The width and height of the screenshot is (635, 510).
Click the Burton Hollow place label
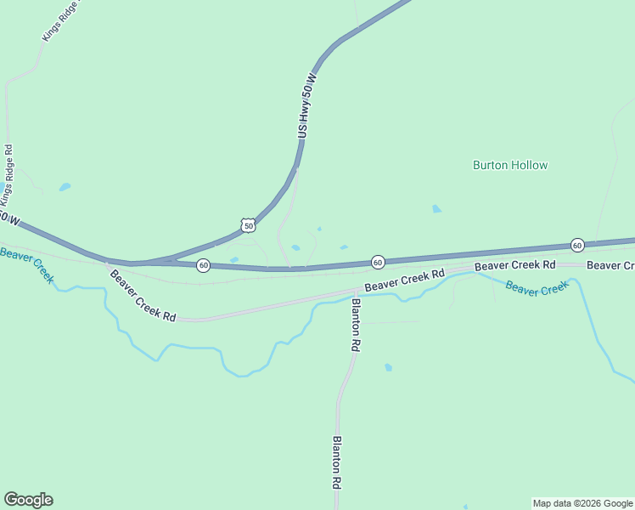click(x=510, y=165)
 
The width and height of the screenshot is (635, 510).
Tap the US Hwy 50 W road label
click(x=307, y=106)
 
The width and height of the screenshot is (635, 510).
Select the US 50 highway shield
click(x=247, y=225)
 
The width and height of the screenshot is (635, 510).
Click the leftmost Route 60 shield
click(x=204, y=265)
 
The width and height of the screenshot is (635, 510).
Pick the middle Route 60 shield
click(x=378, y=261)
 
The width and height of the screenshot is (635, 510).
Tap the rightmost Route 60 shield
click(x=577, y=245)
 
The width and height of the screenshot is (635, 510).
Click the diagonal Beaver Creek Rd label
click(x=143, y=295)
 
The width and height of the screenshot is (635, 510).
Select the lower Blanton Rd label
click(x=337, y=462)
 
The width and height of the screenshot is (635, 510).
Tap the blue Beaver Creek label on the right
click(x=537, y=286)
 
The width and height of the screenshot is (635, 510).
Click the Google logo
click(x=28, y=500)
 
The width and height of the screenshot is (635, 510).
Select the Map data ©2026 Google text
click(x=583, y=503)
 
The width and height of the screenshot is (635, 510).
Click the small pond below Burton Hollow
click(x=436, y=208)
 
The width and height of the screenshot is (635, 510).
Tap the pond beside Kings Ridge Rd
click(x=65, y=187)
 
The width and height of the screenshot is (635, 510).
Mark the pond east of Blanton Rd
click(x=388, y=367)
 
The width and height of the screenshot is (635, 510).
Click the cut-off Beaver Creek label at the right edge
click(x=610, y=266)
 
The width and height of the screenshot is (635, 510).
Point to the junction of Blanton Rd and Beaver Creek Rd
click(x=356, y=292)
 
